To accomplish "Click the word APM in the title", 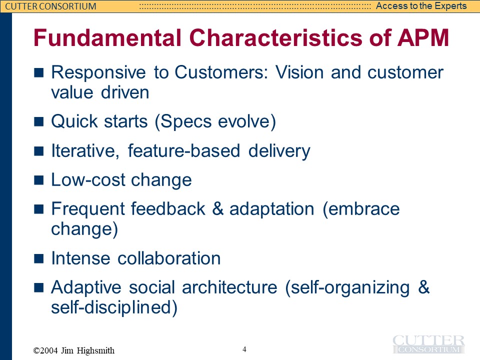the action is click(423, 37).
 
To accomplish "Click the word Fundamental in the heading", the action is click(107, 37).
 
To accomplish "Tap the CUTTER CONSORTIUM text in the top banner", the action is click(51, 6).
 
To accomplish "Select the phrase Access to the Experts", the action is click(421, 6).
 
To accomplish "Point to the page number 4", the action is click(244, 349).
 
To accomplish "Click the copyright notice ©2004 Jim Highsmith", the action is click(74, 350).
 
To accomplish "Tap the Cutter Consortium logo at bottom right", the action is click(428, 344).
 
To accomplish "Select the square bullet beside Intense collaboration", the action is click(38, 258).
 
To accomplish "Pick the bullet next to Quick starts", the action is click(38, 121).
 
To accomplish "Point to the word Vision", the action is click(299, 72).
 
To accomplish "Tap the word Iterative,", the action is click(85, 151).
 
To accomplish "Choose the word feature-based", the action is click(183, 151).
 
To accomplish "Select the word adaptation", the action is click(272, 209).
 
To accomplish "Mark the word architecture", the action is click(229, 287).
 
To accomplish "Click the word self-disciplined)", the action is click(114, 307).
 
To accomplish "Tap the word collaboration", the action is click(169, 258).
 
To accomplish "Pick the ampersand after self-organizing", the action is click(424, 287).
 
